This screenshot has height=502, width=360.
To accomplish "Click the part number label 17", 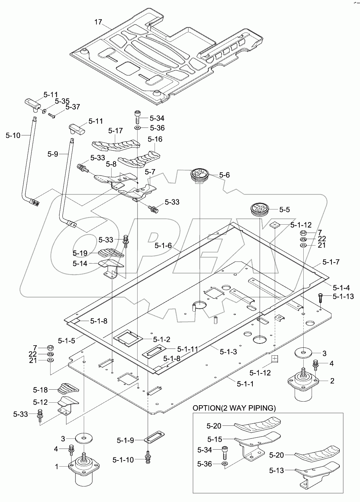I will click(98, 22).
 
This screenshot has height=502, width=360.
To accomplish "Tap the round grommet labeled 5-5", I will click(261, 209).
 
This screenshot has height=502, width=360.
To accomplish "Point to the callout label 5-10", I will click(13, 135).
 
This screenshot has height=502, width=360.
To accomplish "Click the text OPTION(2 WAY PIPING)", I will click(234, 408).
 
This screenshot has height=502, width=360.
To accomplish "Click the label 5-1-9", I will click(125, 440).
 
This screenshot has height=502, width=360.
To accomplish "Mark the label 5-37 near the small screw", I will click(73, 107).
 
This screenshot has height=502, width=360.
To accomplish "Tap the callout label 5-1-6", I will click(163, 246).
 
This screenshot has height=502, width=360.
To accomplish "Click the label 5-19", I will click(80, 253).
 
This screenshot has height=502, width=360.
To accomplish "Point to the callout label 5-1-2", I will click(161, 339).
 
